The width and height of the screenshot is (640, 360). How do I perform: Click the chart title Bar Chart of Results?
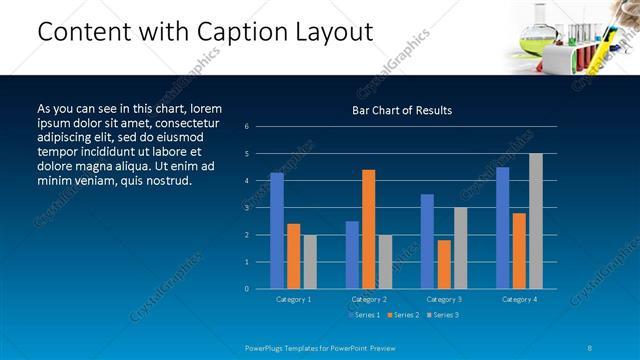[x=402, y=110]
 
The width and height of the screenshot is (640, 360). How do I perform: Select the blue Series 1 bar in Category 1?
[x=277, y=230]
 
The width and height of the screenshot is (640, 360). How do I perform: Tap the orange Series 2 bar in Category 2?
[x=368, y=229]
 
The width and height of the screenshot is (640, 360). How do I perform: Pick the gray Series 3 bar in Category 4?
[x=536, y=221]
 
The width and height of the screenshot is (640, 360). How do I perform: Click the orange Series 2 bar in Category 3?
[x=444, y=264]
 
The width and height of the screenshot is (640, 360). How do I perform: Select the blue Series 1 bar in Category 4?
[x=502, y=227]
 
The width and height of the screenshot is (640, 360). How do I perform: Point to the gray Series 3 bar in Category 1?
[x=310, y=261]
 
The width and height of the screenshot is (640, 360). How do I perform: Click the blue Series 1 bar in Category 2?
[x=352, y=254]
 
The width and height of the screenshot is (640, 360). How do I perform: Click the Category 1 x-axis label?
[x=293, y=299]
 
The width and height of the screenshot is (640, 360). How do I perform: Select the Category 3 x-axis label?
[x=443, y=299]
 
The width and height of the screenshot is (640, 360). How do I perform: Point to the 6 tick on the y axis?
[x=246, y=127]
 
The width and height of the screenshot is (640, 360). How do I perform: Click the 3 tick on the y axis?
[x=246, y=208]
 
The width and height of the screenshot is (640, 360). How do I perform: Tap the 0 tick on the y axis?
[x=246, y=289]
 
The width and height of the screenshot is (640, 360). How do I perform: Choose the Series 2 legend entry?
[x=402, y=315]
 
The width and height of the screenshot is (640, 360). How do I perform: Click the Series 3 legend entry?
[x=442, y=315]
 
